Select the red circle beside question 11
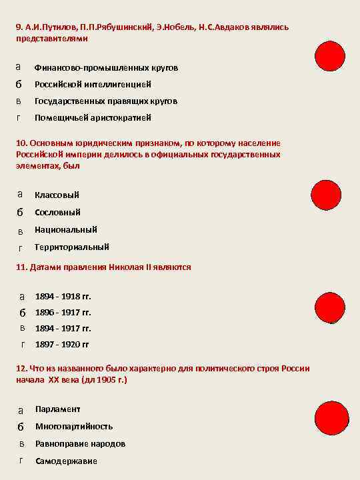click(x=331, y=312)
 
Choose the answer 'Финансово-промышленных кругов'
click(x=106, y=68)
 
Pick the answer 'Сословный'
click(x=57, y=212)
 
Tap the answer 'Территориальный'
click(x=72, y=247)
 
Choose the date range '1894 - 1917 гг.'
click(x=63, y=328)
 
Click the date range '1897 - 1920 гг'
click(x=61, y=345)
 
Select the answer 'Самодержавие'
click(x=66, y=461)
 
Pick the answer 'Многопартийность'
click(x=74, y=426)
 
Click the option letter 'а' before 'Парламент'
click(x=21, y=409)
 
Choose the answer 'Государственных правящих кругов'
click(x=106, y=101)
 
